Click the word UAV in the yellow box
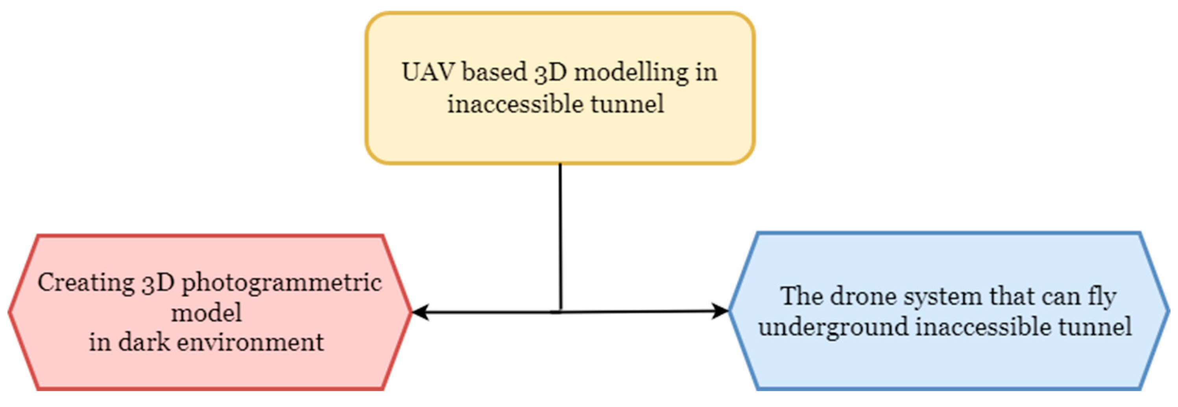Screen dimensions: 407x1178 (428, 72)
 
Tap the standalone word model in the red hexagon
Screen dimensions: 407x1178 (206, 313)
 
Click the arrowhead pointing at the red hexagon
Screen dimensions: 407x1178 (420, 312)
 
